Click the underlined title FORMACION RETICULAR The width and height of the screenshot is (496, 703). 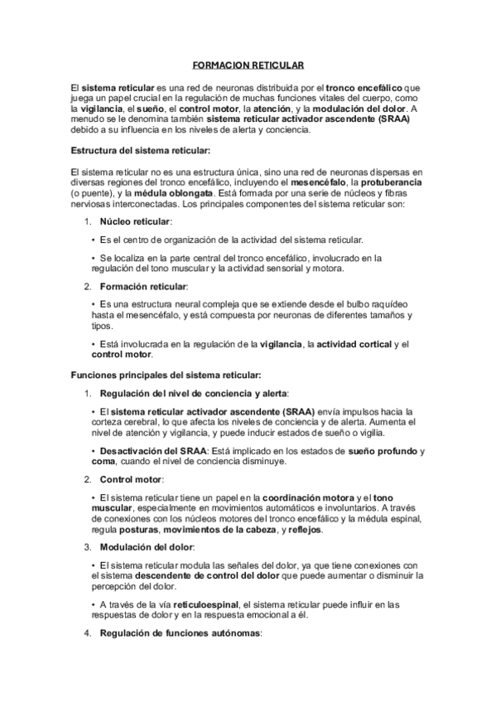[x=248, y=63]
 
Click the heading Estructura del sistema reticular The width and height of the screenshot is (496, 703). [x=142, y=150]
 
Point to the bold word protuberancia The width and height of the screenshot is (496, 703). [x=390, y=182]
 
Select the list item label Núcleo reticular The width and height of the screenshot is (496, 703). [x=135, y=222]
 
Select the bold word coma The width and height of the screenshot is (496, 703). [x=104, y=461]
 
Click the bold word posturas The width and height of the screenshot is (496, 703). [x=135, y=529]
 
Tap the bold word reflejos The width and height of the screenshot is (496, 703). [x=304, y=529]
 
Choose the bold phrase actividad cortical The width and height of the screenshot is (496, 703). [x=350, y=344]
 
